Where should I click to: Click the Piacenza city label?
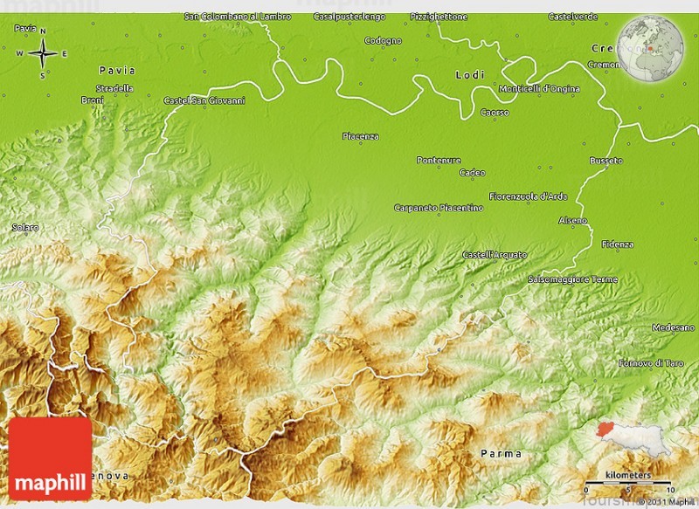tap(360, 136)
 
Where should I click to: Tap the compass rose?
tap(42, 54)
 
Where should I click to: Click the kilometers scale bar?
tap(630, 481)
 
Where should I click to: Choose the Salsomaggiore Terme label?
tap(572, 279)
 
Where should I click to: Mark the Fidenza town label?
tap(618, 244)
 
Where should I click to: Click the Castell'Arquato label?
tap(495, 254)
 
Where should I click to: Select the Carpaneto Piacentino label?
tap(439, 208)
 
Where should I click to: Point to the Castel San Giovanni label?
tap(204, 100)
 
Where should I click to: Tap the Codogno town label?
tap(383, 41)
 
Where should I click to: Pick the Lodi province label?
tap(470, 75)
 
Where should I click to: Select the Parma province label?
tap(502, 453)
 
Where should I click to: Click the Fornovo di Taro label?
tap(650, 362)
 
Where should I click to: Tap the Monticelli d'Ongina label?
tap(538, 88)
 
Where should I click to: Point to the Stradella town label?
tap(114, 88)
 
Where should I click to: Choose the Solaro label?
tap(25, 227)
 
